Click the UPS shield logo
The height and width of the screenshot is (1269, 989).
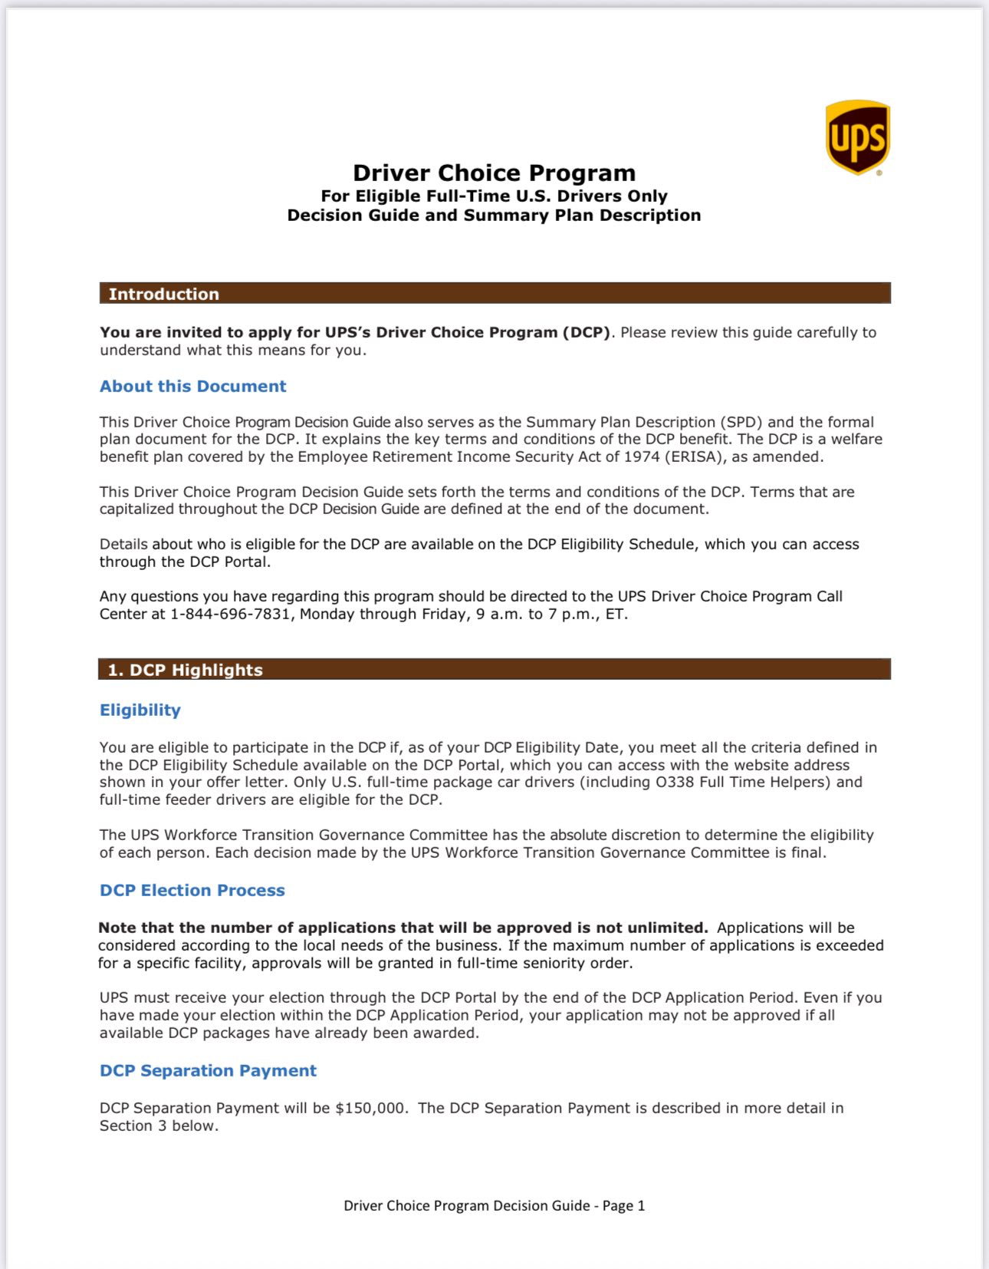point(857,137)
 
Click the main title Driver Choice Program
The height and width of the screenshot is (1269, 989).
point(494,173)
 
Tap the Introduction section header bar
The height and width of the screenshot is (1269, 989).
point(495,293)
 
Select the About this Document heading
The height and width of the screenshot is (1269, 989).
point(192,386)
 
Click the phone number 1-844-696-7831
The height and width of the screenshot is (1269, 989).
point(230,614)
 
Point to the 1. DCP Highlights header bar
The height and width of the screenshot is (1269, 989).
point(495,669)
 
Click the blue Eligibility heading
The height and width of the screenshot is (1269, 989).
point(140,710)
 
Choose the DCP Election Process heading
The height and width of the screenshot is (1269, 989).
point(192,890)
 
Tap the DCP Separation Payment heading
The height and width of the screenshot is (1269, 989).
point(208,1070)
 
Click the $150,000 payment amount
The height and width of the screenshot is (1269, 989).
point(370,1108)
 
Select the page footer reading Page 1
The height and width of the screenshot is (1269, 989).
point(494,1205)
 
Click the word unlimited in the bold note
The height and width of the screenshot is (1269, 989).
point(667,928)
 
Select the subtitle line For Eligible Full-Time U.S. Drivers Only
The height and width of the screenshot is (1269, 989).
point(494,196)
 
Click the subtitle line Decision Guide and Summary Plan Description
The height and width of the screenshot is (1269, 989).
point(494,216)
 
